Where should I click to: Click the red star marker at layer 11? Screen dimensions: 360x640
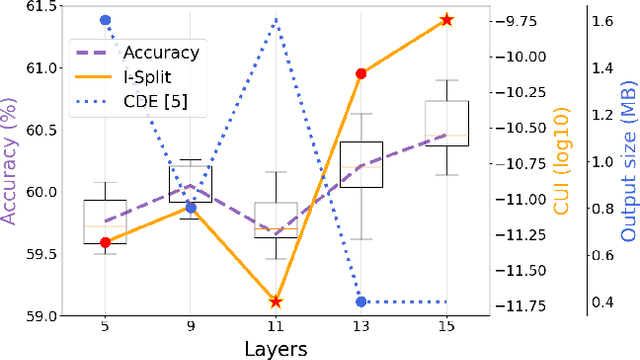point(276,301)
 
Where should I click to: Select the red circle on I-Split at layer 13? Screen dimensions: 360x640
point(361,73)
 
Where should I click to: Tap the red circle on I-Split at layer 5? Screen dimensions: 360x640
point(105,242)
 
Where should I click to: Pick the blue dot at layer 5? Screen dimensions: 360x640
point(105,19)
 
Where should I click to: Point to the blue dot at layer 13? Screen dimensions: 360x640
point(361,301)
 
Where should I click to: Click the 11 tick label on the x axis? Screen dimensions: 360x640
point(276,326)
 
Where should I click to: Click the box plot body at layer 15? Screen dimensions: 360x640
point(447,123)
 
